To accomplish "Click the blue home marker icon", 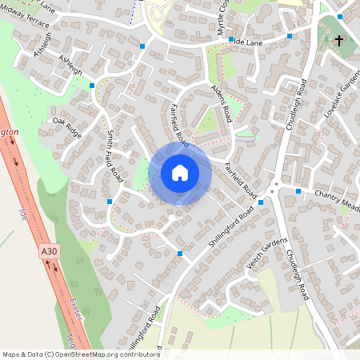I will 180,173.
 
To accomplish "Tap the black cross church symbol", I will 339,40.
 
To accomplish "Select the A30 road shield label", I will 50,251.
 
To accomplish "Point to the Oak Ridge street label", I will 67,126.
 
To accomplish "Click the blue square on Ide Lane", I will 230,38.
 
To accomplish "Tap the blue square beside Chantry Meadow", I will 298,191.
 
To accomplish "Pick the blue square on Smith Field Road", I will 110,202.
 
